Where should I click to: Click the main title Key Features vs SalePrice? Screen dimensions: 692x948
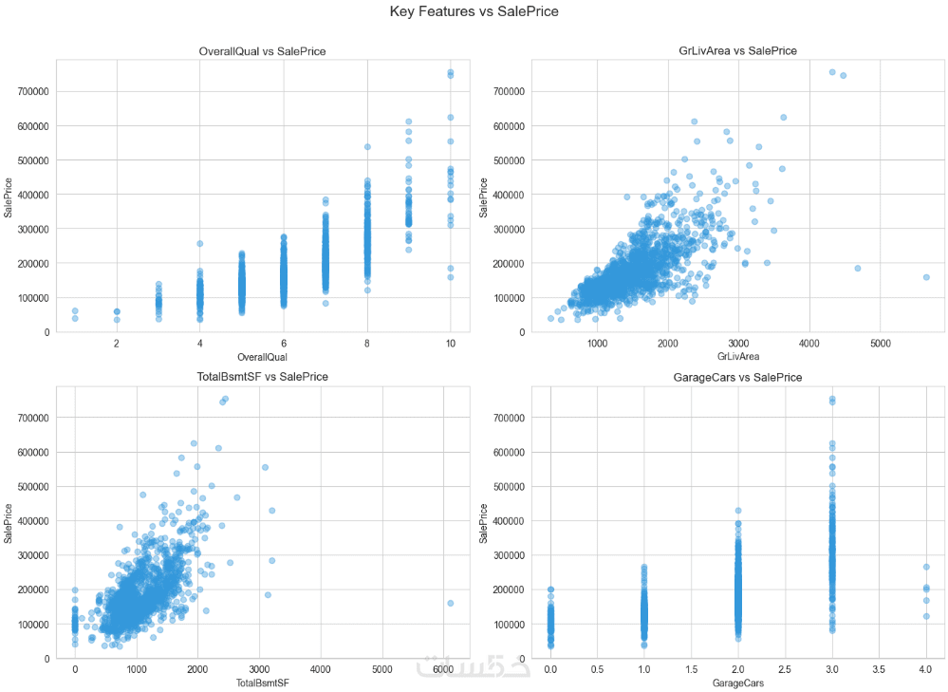point(474,12)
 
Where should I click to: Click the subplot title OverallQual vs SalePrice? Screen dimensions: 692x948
point(262,50)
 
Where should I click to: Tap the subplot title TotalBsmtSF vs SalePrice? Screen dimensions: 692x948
point(262,377)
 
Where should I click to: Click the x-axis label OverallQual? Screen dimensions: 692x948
point(262,357)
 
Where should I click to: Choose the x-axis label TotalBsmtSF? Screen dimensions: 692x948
point(262,683)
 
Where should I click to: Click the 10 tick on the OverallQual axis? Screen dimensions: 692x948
point(450,343)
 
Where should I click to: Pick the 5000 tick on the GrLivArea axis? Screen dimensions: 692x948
point(880,343)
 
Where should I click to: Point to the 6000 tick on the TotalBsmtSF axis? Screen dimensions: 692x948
point(443,669)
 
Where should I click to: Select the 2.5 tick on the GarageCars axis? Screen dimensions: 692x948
point(784,669)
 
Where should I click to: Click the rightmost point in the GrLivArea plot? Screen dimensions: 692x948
point(926,277)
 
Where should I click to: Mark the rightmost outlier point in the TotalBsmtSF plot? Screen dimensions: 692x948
point(450,603)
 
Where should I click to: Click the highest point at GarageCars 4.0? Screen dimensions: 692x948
point(925,567)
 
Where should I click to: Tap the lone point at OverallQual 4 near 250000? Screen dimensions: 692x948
point(200,244)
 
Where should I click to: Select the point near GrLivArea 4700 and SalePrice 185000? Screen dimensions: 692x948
point(857,268)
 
